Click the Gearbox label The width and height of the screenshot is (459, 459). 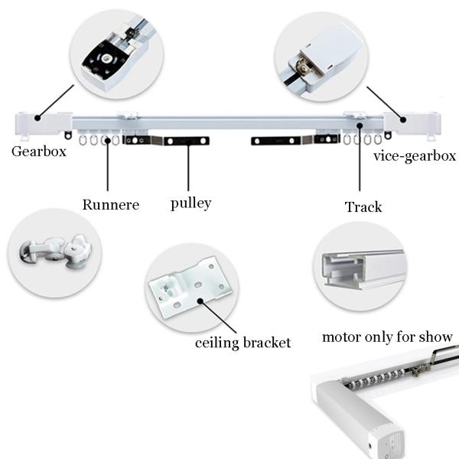click(x=39, y=151)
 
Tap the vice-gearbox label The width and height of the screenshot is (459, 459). click(x=415, y=156)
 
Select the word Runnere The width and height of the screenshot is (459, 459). click(x=112, y=204)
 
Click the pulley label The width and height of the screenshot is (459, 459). click(x=190, y=203)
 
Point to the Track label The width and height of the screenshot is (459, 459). click(x=363, y=207)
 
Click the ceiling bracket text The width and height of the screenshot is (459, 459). click(x=243, y=342)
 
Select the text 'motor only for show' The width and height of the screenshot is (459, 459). click(x=387, y=337)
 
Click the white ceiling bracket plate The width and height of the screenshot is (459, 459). click(x=190, y=290)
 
